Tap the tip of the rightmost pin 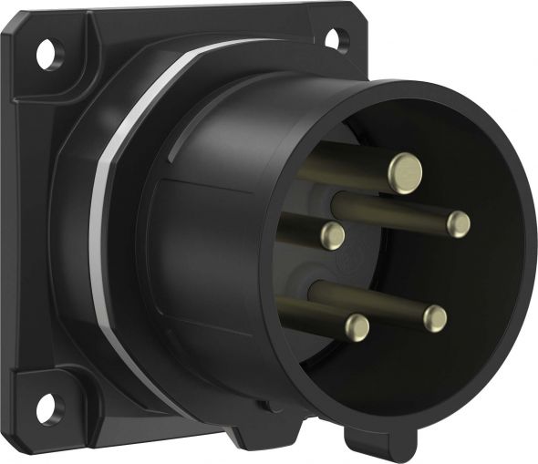[x=458, y=223]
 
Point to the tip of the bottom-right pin [x=436, y=318]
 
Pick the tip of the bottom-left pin [x=357, y=327]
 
